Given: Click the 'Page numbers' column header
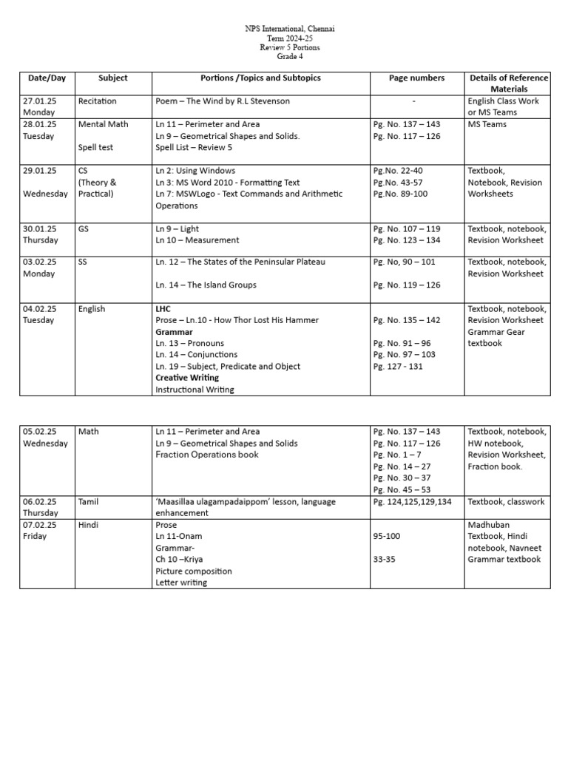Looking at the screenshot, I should [x=416, y=78].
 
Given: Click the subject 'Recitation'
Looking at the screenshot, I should [x=97, y=101].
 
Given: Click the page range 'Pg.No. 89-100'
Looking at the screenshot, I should [x=398, y=194].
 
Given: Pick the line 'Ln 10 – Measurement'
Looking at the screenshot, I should [x=197, y=240].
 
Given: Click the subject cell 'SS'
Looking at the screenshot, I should [x=83, y=262].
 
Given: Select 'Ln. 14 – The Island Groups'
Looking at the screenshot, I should [x=214, y=285].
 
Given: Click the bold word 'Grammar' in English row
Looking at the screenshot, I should [x=175, y=332].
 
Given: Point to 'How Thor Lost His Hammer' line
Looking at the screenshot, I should [x=237, y=320].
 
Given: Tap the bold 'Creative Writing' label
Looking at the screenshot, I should [x=187, y=378].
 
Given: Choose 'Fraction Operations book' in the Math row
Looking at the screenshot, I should [x=207, y=455].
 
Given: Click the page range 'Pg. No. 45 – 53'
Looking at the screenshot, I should [x=407, y=489].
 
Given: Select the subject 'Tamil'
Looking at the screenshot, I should [x=88, y=501].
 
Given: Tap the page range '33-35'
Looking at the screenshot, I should [x=385, y=560].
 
